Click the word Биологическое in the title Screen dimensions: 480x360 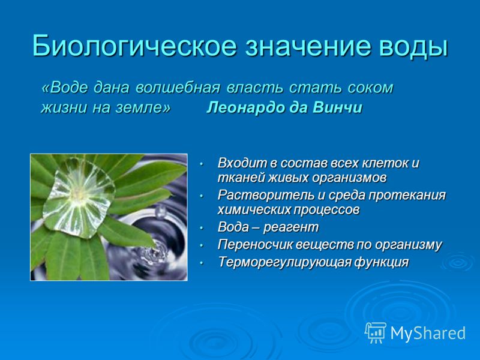(134, 46)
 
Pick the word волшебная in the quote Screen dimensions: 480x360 (178, 88)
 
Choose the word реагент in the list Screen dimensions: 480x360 (291, 228)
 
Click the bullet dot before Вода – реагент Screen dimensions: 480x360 (201, 228)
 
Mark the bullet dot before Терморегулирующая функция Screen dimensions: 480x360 (201, 263)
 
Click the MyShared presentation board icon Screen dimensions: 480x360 (376, 333)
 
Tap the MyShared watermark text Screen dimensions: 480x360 (428, 333)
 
